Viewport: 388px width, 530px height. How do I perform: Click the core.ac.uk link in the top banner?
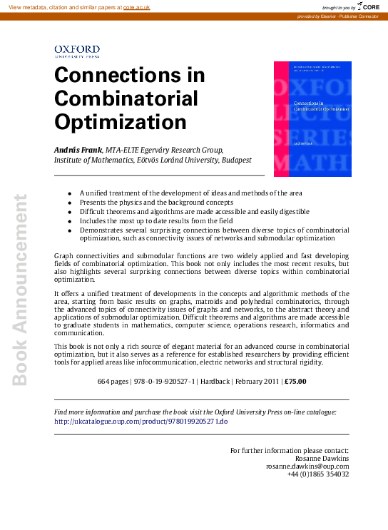click(x=136, y=6)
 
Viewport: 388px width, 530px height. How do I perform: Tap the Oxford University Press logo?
click(x=77, y=50)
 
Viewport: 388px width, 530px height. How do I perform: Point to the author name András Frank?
click(x=78, y=150)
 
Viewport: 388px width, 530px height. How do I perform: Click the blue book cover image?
click(x=312, y=118)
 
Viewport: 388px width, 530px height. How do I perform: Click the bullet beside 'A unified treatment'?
click(x=69, y=193)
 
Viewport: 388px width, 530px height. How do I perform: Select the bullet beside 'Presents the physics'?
click(x=69, y=203)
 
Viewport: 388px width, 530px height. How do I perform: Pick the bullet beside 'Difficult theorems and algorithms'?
click(x=69, y=212)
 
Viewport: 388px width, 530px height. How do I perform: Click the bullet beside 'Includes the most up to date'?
click(x=69, y=221)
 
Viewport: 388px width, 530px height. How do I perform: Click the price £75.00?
click(x=295, y=382)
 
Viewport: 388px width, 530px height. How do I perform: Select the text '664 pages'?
click(x=113, y=382)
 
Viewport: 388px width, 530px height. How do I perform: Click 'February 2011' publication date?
click(x=255, y=382)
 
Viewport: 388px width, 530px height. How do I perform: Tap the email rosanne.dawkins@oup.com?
click(x=307, y=467)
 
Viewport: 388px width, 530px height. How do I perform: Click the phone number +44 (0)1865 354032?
click(x=317, y=474)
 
